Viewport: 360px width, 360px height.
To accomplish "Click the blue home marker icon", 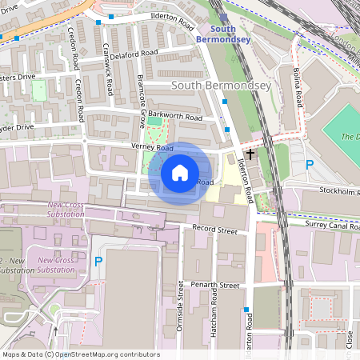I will point(180,173).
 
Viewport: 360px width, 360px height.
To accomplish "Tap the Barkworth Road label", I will point(181,116).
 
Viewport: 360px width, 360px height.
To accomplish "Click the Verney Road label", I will point(153,148).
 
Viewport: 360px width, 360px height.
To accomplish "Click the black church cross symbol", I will point(250,153).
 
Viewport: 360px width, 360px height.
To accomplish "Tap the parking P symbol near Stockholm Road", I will point(309,166).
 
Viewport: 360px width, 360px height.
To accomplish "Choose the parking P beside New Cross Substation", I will point(98,261).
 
